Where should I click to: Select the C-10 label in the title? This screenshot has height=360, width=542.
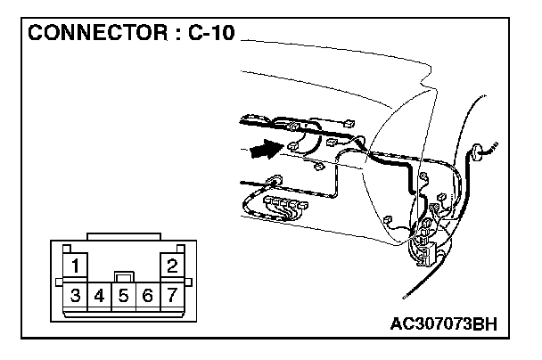pos(210,34)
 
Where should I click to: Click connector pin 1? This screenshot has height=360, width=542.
pos(78,265)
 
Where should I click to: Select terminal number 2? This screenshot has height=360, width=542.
pos(171,265)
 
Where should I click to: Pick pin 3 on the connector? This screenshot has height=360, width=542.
pos(77,294)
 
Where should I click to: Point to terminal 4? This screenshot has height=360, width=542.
pos(100,294)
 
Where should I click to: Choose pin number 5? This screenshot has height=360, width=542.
pos(124,294)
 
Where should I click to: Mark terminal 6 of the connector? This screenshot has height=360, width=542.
pos(148,294)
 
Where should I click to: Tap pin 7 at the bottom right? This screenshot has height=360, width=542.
pos(171,294)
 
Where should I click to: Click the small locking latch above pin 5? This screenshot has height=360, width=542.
pos(124,277)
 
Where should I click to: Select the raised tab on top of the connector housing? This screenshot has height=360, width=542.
pos(124,236)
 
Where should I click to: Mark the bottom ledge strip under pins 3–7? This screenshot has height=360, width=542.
pos(124,313)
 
